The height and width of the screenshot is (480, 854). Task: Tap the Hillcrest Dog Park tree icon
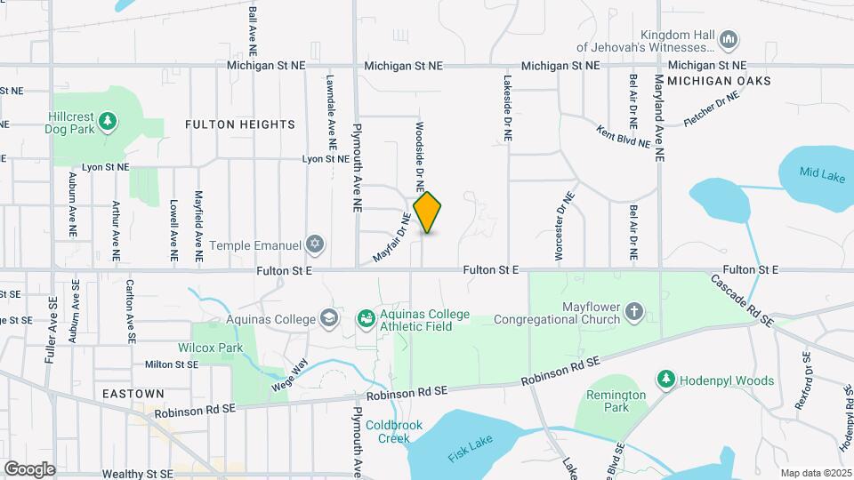point(108,120)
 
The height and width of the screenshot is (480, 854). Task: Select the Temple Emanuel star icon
point(314,244)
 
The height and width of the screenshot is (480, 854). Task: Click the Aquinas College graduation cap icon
point(328,318)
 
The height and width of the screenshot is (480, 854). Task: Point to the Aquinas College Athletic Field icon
point(365,318)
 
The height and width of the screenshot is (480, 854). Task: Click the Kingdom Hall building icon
point(729,38)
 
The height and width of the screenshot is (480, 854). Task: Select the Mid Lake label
point(821,175)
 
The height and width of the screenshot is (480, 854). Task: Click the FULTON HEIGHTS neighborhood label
point(239,124)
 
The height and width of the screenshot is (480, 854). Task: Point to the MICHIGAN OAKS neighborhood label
point(718,81)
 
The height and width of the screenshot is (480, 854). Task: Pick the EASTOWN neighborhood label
point(133,393)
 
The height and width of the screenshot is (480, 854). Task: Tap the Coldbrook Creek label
point(393,431)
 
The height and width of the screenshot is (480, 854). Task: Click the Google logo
point(29,469)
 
